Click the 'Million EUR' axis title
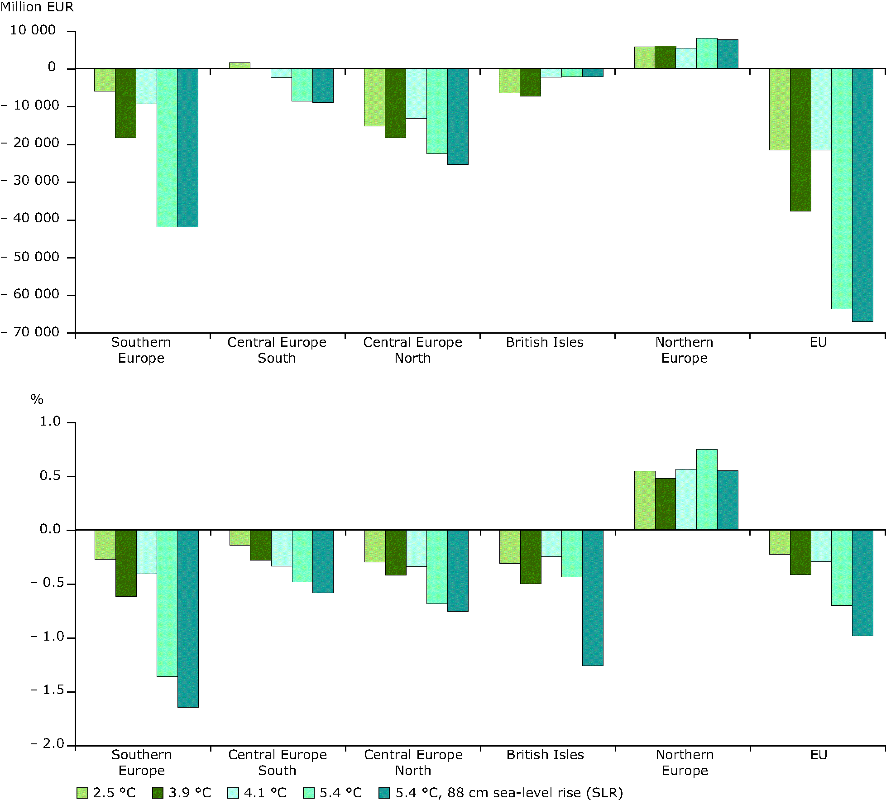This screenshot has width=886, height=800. [37, 7]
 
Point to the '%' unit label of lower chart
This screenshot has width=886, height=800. [37, 399]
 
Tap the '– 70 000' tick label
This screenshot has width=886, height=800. [30, 332]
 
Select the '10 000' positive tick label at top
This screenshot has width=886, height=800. [33, 30]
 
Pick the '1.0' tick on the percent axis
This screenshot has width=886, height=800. [50, 422]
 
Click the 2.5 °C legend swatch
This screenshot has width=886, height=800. [82, 793]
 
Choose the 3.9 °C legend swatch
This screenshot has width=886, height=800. [158, 793]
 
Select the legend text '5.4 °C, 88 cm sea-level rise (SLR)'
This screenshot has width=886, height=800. [509, 793]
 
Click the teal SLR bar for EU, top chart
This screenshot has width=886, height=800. [862, 195]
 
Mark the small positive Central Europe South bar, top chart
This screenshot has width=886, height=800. [239, 66]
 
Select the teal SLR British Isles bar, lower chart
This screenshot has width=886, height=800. [593, 598]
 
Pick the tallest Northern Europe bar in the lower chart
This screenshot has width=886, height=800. [707, 489]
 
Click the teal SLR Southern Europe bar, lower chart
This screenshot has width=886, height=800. [188, 618]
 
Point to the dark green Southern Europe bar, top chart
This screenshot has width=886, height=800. [125, 103]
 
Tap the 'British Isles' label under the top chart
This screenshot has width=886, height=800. [545, 343]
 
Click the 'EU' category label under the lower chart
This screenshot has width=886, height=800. [819, 755]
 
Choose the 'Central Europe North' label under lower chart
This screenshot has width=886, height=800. [413, 762]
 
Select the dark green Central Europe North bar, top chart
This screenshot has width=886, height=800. [395, 103]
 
